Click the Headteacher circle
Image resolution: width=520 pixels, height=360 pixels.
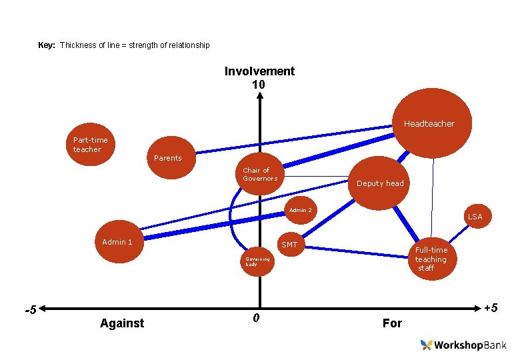click(x=433, y=120)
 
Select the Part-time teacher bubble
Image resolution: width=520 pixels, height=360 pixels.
click(x=91, y=144)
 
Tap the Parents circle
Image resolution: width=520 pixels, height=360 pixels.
click(x=171, y=158)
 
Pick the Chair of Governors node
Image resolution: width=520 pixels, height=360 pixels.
click(x=260, y=175)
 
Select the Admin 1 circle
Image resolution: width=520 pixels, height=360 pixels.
click(x=117, y=242)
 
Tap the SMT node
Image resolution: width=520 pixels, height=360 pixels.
click(x=290, y=245)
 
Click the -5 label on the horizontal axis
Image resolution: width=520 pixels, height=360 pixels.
click(x=30, y=311)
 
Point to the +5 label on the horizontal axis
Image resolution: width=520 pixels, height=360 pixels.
click(x=491, y=308)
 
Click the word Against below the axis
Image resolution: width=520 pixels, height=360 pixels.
click(x=121, y=323)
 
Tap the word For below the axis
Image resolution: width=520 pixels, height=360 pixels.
click(x=392, y=323)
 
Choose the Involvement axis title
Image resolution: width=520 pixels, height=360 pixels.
click(x=259, y=71)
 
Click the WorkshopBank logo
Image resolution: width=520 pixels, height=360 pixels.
click(x=463, y=345)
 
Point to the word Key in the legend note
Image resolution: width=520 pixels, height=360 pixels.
click(x=47, y=45)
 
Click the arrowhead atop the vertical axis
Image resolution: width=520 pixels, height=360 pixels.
click(x=259, y=95)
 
